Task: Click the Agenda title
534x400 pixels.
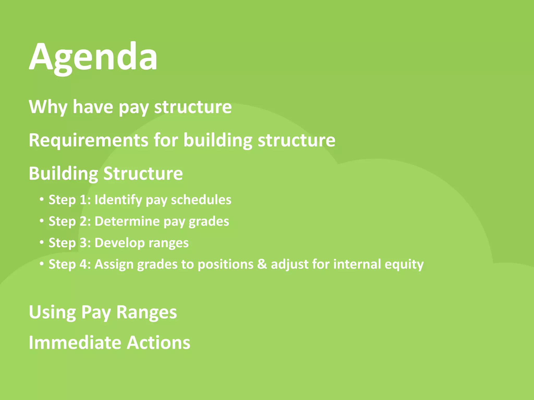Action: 93,57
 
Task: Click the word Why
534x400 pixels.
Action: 48,107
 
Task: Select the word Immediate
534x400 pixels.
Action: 75,342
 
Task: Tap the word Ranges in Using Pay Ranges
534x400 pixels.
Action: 147,312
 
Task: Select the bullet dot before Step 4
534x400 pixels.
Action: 41,264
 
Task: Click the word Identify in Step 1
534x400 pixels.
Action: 118,200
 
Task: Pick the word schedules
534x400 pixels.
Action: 201,200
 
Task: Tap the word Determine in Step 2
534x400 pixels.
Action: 127,221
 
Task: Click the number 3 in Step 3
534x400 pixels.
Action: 83,243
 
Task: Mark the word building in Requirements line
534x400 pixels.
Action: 218,140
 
